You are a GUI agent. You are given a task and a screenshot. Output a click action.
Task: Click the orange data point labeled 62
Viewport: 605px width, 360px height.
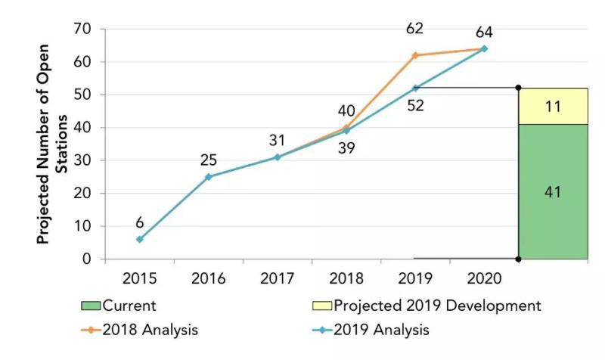(414, 55)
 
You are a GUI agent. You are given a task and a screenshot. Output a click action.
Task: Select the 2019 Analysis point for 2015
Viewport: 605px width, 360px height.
(139, 239)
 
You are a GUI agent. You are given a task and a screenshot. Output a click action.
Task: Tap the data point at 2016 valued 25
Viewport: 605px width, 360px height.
(208, 177)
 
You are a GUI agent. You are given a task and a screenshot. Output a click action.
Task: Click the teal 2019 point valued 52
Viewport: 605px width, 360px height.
(414, 88)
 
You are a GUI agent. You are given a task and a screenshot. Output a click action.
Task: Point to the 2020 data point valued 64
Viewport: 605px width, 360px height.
(484, 48)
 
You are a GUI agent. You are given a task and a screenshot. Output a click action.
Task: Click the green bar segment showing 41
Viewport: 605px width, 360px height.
(553, 192)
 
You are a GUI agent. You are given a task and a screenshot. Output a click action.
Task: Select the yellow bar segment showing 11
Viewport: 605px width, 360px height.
(553, 107)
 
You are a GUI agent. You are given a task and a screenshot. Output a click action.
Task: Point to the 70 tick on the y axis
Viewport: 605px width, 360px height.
(83, 29)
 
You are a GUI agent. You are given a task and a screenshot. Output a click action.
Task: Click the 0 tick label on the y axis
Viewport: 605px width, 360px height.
(88, 259)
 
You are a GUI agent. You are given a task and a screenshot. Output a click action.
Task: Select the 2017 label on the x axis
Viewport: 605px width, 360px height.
(277, 278)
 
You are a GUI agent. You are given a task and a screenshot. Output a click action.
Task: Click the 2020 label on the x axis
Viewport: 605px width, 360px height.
(484, 278)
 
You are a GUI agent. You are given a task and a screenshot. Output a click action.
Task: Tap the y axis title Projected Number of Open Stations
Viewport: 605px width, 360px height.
(53, 178)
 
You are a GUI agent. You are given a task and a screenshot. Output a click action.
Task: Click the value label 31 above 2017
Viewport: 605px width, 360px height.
(277, 141)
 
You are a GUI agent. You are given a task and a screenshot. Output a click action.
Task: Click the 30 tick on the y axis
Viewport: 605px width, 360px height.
(83, 160)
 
